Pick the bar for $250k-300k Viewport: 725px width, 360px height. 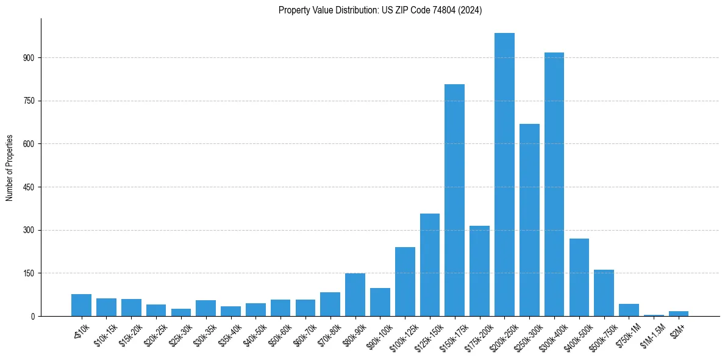coord(529,220)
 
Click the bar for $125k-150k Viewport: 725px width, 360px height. coord(430,265)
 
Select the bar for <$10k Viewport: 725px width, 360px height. coord(81,305)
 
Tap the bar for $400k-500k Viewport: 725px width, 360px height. coord(579,277)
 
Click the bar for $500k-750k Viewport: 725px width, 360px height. coord(604,293)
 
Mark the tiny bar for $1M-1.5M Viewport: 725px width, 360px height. coord(654,315)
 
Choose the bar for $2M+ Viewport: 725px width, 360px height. coord(679,314)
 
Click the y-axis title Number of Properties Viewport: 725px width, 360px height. coord(9,168)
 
